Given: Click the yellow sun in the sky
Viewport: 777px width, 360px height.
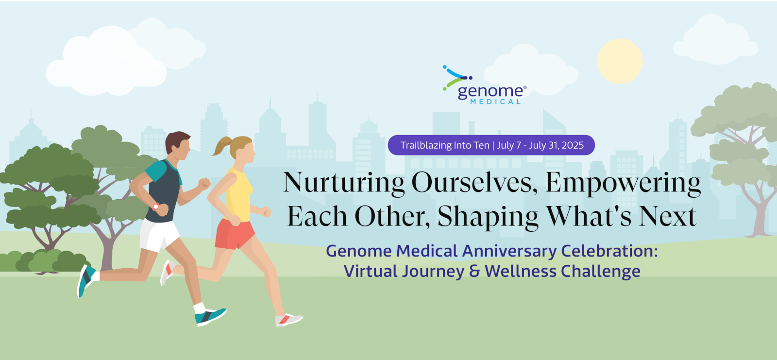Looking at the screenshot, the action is [620, 61].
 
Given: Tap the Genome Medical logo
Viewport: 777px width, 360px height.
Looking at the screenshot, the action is [485, 85].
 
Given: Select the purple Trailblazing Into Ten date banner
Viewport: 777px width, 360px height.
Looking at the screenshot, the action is [491, 145].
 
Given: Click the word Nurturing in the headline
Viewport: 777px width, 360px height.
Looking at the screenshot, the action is [344, 183].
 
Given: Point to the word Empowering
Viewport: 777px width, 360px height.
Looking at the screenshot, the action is [623, 183].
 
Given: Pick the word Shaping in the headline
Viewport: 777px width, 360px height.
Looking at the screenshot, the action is [488, 217].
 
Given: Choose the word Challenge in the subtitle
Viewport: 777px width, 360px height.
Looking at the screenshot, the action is [601, 272].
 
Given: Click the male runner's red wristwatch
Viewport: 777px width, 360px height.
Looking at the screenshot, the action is [155, 207].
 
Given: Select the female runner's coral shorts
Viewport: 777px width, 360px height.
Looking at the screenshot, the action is [234, 234].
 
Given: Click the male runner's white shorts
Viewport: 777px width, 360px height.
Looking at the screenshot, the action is [159, 235].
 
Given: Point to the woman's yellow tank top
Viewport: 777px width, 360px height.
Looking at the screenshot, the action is [238, 195].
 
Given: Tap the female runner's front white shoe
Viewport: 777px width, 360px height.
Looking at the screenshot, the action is [288, 319].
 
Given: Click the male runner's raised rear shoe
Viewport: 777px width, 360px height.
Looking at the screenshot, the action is [85, 281].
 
